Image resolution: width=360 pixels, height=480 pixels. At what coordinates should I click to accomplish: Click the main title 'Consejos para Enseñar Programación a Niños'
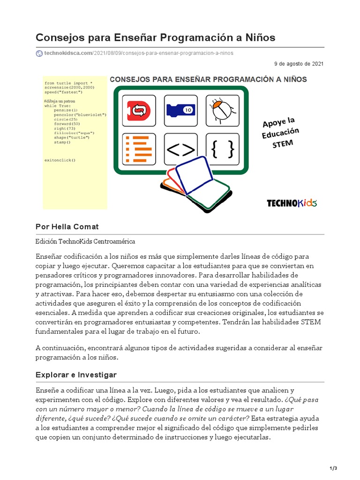click(156, 37)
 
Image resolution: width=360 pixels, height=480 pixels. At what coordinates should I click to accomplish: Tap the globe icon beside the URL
click(39, 53)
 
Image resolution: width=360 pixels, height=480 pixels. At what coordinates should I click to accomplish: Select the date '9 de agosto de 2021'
click(299, 64)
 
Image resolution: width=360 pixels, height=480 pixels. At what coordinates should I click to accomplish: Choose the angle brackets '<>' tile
click(180, 149)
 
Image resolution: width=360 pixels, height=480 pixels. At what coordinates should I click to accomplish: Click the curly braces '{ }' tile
click(222, 149)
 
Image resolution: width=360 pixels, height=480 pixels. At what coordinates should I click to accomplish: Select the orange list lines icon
click(139, 149)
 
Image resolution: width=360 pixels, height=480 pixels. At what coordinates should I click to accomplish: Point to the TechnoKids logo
click(292, 203)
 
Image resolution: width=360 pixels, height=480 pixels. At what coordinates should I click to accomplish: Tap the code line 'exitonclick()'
click(60, 160)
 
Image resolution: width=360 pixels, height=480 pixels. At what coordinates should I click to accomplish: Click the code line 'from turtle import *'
click(68, 83)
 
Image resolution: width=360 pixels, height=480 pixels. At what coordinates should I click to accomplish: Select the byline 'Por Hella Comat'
click(67, 227)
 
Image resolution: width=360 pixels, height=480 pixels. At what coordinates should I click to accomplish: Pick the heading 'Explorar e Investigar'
click(76, 375)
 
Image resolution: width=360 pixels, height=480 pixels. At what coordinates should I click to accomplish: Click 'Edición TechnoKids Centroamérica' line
click(85, 241)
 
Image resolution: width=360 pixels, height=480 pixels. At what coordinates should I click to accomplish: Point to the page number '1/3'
click(334, 468)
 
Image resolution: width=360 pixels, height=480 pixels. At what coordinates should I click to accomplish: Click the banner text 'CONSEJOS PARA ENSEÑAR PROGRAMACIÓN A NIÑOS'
click(208, 79)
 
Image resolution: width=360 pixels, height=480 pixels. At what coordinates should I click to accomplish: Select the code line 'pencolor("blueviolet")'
click(80, 114)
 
